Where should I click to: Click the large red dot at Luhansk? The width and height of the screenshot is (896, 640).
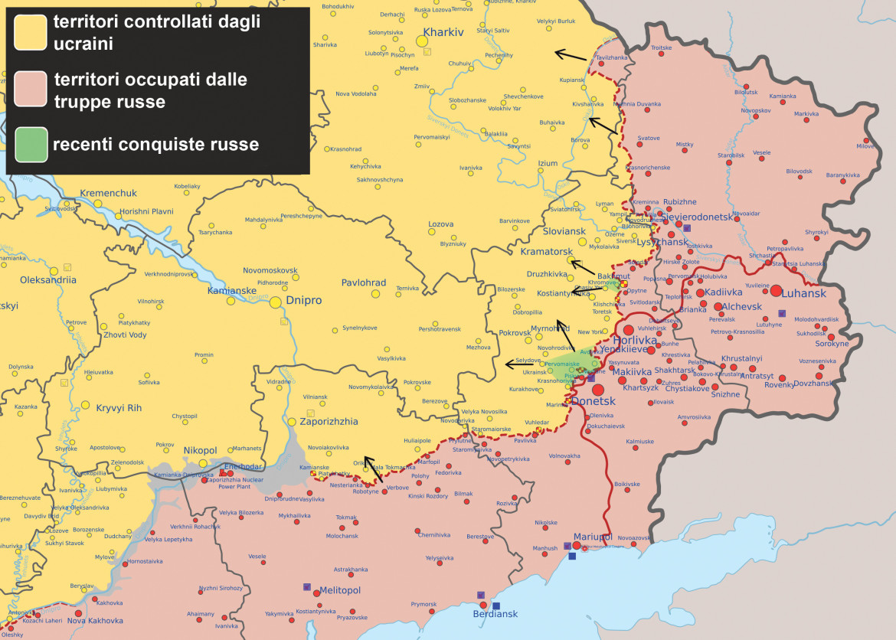pyautogui.click(x=777, y=291)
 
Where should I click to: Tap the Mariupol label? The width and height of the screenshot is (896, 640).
pyautogui.click(x=593, y=537)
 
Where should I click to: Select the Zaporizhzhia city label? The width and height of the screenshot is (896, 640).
pyautogui.click(x=328, y=421)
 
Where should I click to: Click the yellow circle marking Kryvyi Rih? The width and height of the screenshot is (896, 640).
pyautogui.click(x=86, y=405)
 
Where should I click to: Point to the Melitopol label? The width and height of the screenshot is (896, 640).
pyautogui.click(x=339, y=590)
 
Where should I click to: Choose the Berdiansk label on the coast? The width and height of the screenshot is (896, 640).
pyautogui.click(x=495, y=613)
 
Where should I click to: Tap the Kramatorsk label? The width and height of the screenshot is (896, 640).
pyautogui.click(x=547, y=251)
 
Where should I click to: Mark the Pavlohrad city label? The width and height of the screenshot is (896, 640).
pyautogui.click(x=364, y=282)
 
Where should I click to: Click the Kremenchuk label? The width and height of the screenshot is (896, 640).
pyautogui.click(x=109, y=193)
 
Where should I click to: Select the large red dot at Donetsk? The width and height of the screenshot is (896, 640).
pyautogui.click(x=597, y=390)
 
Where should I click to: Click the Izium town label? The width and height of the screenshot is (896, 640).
pyautogui.click(x=548, y=163)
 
